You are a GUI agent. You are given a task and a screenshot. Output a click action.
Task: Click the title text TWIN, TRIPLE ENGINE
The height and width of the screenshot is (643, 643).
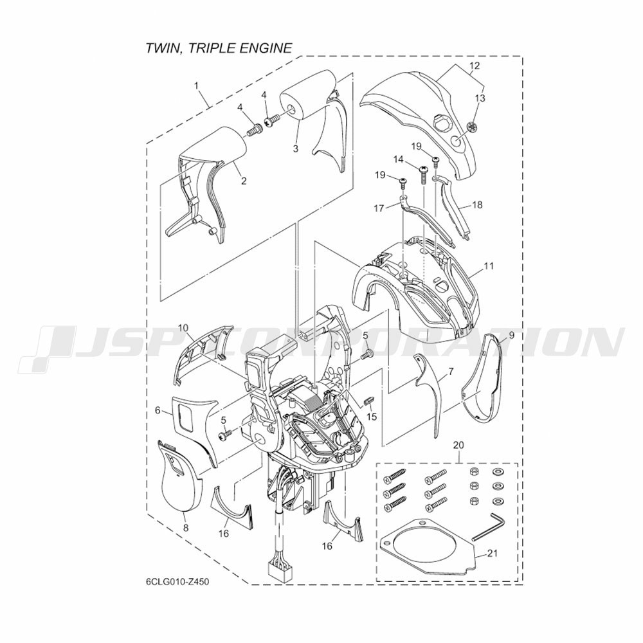pos(219,48)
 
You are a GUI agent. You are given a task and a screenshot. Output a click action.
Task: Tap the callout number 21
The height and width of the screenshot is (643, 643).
pos(492,553)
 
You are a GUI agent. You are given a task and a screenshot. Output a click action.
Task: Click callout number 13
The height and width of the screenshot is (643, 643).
pos(480,98)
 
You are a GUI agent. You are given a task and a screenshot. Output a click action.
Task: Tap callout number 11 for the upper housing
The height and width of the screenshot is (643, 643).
pos(489,266)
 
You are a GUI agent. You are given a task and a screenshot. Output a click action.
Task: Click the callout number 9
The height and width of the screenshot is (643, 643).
pos(511,336)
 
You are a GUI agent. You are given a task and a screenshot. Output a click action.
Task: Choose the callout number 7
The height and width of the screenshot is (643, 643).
pos(451,372)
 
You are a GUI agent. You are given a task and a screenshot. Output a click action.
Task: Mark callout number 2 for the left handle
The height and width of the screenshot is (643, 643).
pos(244,181)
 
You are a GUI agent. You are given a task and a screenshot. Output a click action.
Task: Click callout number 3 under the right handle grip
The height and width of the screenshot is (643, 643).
pos(296,149)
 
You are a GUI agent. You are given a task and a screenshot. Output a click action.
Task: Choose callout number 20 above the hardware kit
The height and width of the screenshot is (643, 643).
pos(458,444)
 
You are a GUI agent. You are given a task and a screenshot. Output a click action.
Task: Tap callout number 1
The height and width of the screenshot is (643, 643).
pos(196,86)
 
